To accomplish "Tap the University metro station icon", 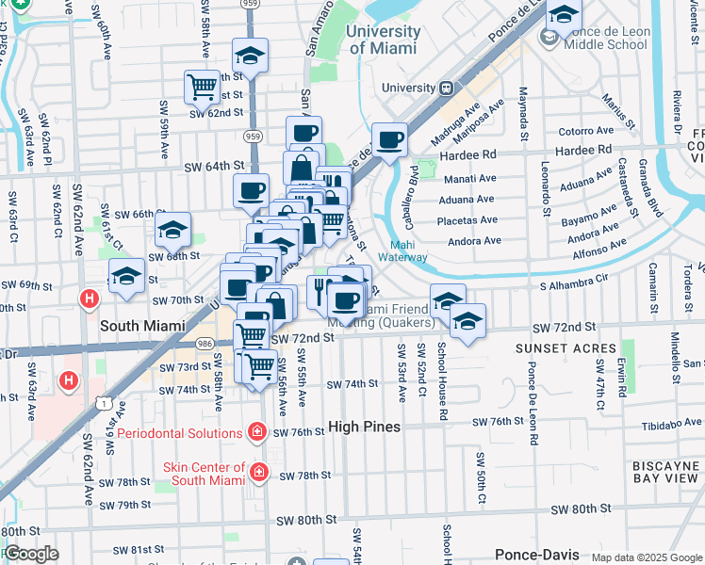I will pyautogui.click(x=445, y=88).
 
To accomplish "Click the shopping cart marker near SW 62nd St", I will pyautogui.click(x=203, y=88).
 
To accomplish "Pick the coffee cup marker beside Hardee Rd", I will pyautogui.click(x=390, y=141).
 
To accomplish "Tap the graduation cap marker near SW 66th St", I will pyautogui.click(x=173, y=229).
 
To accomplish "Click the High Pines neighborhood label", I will pyautogui.click(x=364, y=427).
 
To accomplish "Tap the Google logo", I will pyautogui.click(x=30, y=554).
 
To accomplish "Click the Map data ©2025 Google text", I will pyautogui.click(x=647, y=557).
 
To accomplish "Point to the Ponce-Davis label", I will pyautogui.click(x=533, y=556).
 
